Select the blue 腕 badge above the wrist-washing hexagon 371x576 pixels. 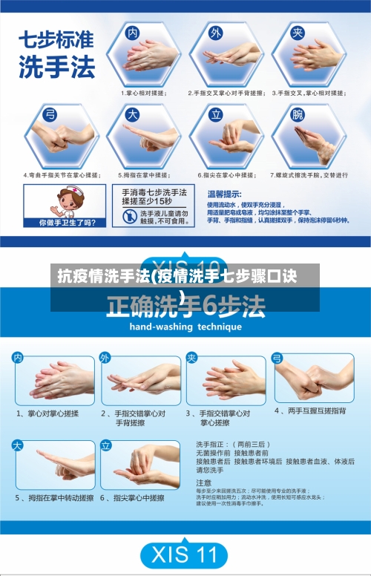coord(298,114)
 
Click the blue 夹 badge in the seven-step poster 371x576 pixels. coord(298,33)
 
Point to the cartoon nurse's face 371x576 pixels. coord(69,198)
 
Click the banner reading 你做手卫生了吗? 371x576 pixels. coord(67,221)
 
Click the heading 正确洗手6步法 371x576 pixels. coord(185,304)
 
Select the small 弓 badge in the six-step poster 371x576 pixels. coord(277,358)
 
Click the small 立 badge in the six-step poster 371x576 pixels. coord(105,445)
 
